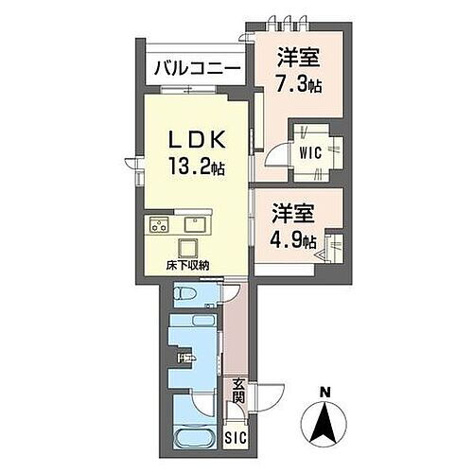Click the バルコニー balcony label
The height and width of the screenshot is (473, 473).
click(196, 69)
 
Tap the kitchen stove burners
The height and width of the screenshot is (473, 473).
click(158, 225)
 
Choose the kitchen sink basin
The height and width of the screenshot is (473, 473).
click(197, 225)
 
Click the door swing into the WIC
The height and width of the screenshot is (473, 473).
click(276, 157)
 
